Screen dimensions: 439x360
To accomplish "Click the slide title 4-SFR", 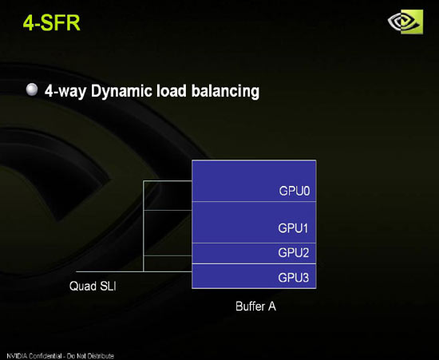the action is pos(52,22).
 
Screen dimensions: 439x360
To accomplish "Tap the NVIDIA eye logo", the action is pos(405,22).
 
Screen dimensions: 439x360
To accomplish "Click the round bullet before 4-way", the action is pos(32,89).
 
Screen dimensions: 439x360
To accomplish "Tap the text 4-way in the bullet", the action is pos(65,92).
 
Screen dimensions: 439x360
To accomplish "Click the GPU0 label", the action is pos(295,191).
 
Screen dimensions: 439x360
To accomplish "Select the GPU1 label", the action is pos(293,228).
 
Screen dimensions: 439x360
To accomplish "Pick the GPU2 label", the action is pos(294,253).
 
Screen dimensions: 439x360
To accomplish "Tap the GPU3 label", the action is pos(294,278).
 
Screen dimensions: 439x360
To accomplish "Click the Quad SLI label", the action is pos(93,286).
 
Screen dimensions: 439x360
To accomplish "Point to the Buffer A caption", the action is pos(255,307).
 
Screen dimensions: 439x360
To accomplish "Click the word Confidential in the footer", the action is pos(45,356).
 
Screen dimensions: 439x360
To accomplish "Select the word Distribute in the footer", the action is pos(101,356).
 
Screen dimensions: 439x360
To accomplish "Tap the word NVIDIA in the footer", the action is pos(17,356).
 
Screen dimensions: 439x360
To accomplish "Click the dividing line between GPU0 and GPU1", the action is pos(254,201).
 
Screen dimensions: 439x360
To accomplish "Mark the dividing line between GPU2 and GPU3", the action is pos(254,263).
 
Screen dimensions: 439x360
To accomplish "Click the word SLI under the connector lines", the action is pos(107,286).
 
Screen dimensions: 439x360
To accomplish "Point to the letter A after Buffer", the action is pos(272,307).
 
